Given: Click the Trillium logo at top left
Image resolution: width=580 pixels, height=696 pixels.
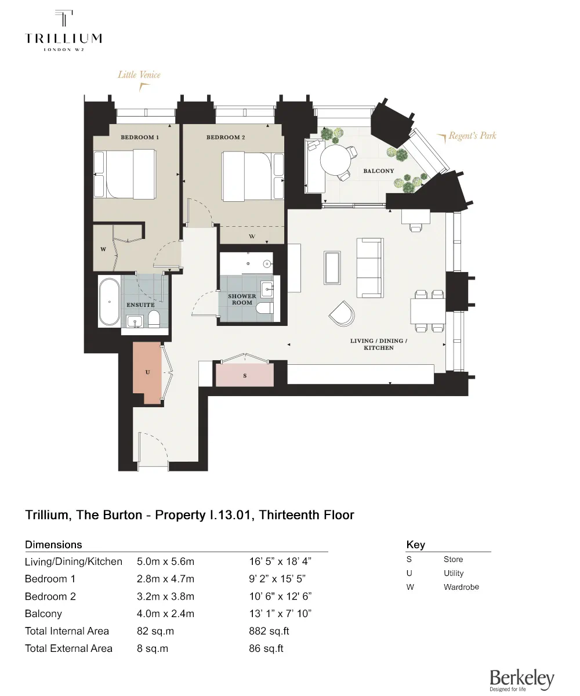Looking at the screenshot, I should click(63, 31).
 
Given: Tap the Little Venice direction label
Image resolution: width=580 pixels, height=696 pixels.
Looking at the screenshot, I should click(139, 75).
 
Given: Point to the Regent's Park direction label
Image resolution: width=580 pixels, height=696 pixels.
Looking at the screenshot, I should click(472, 136).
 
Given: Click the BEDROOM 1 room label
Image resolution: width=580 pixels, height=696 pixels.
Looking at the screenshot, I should click(140, 137).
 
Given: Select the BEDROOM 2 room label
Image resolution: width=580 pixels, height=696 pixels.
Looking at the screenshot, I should click(226, 137).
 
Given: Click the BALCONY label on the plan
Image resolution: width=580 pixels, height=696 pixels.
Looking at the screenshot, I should click(378, 171).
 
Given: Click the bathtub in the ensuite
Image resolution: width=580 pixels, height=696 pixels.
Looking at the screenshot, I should click(110, 302).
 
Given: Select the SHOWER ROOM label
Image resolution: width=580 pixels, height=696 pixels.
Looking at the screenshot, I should click(242, 299).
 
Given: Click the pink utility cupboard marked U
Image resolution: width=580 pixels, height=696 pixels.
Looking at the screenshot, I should click(147, 372).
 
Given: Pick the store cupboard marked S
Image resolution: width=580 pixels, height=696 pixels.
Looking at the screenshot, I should click(245, 376).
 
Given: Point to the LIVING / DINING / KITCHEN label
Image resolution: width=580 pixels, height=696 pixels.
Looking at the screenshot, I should click(379, 344).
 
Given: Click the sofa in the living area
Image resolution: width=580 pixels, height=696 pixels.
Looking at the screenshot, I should click(369, 267).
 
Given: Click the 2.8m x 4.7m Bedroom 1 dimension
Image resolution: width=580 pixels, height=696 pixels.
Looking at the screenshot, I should click(165, 579).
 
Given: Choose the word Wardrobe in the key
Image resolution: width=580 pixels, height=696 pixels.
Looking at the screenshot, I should click(461, 587).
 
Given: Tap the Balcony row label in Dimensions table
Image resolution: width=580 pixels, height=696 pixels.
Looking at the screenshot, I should click(43, 614).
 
